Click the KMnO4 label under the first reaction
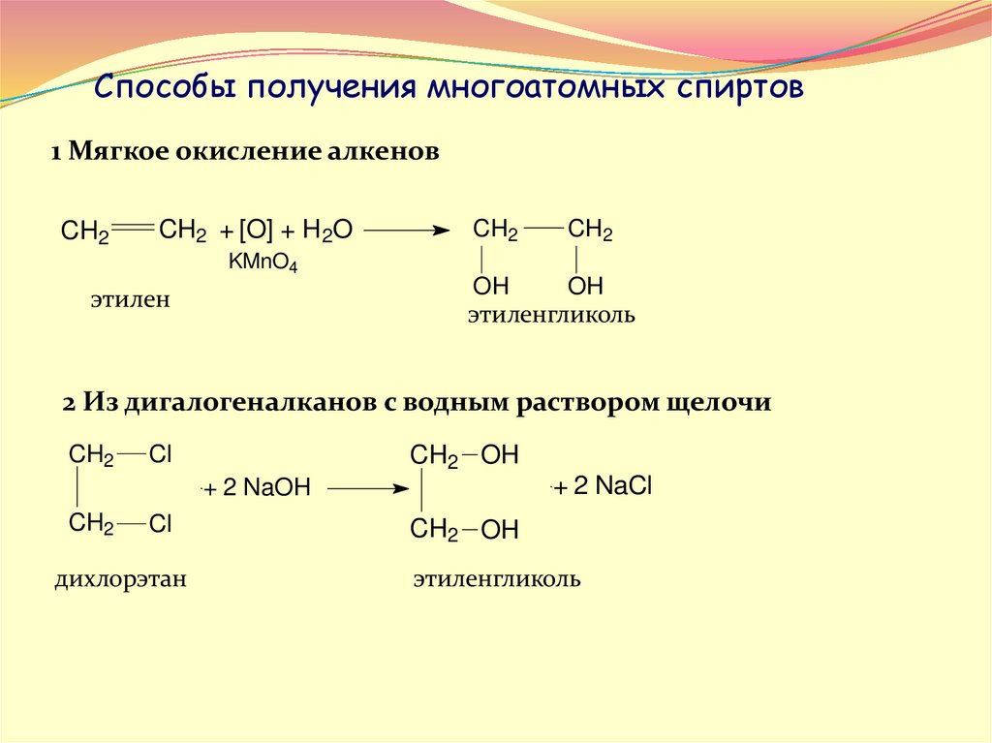click(x=263, y=262)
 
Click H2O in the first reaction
click(x=327, y=231)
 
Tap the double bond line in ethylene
click(x=133, y=229)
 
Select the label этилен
click(x=131, y=301)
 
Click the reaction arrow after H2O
click(x=407, y=231)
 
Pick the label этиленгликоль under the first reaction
click(x=551, y=316)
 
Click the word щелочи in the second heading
click(x=728, y=403)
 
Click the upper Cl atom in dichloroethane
click(x=160, y=454)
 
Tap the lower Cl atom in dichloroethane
click(x=160, y=525)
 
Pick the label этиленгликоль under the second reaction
click(x=497, y=580)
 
